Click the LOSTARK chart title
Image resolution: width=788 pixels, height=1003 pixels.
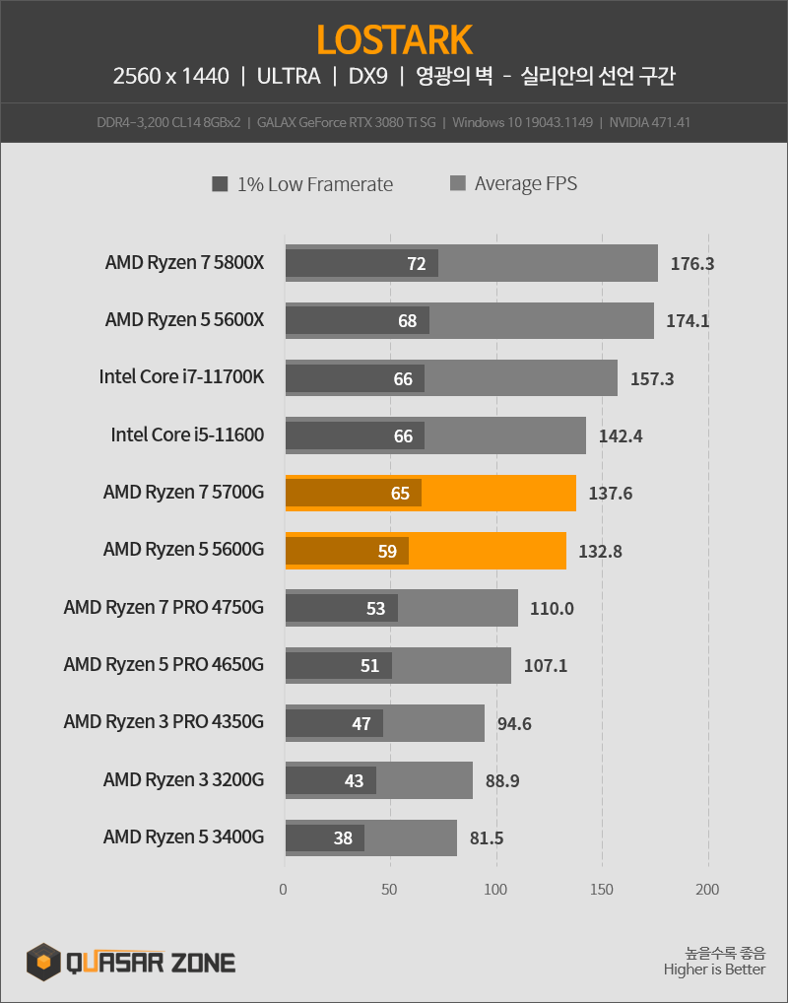394,39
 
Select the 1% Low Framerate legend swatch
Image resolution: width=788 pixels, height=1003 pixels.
220,184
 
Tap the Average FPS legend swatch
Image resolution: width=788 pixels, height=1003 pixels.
457,184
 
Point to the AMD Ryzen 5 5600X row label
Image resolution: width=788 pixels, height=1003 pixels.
184,320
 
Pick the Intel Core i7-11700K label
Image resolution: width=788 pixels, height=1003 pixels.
181,377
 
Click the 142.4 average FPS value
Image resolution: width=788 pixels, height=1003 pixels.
621,435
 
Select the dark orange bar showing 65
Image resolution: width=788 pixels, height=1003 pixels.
354,493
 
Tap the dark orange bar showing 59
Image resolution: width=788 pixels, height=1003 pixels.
347,551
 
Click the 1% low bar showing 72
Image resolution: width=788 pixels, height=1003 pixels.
361,263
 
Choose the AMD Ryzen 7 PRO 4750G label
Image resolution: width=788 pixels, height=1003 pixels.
164,608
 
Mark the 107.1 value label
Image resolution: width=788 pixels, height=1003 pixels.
546,665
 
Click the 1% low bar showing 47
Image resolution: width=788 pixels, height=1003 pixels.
334,723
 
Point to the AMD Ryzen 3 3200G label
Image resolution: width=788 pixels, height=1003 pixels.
183,780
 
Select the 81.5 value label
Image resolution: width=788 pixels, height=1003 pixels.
487,838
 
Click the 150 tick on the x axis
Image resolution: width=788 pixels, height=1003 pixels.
602,890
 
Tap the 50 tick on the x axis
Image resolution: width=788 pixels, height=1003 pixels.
390,890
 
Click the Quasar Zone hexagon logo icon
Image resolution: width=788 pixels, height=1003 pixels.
43,960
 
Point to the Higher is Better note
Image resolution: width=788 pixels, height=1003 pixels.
714,970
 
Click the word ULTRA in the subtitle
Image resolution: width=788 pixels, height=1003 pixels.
289,76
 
